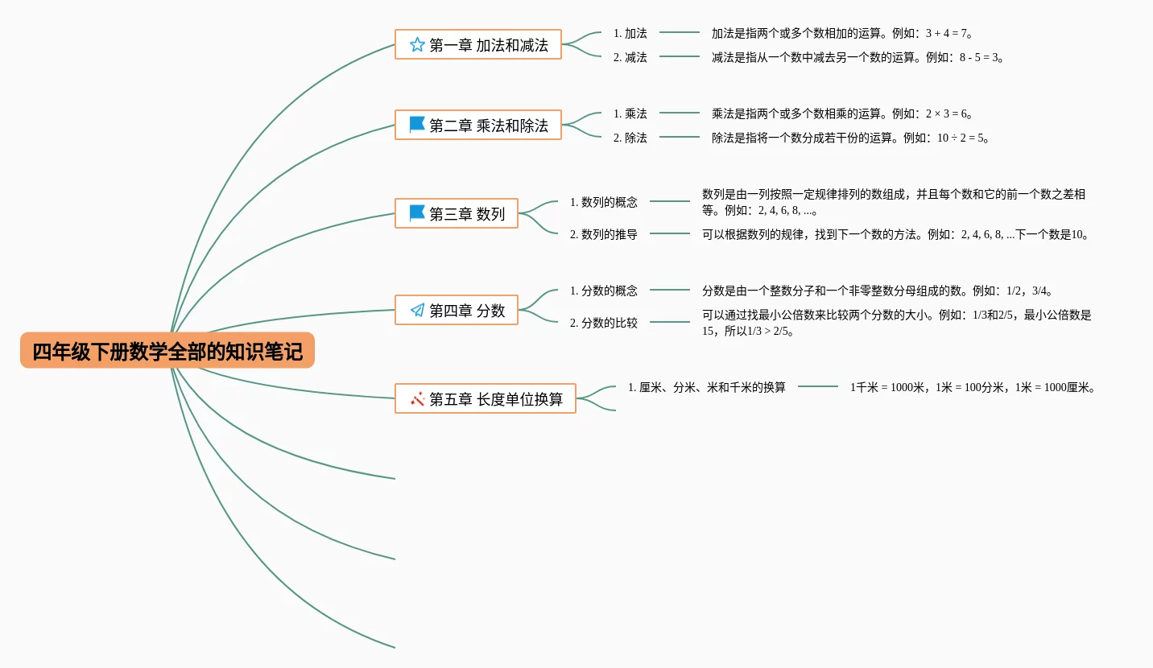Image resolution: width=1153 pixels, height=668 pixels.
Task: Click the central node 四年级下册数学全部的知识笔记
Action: click(x=167, y=350)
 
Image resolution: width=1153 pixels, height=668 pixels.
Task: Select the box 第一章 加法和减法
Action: click(x=478, y=45)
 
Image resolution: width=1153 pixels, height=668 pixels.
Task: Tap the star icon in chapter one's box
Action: click(x=417, y=45)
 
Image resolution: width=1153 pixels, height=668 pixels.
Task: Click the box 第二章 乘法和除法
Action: click(x=478, y=125)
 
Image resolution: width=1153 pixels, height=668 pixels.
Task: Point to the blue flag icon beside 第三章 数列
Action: click(x=417, y=212)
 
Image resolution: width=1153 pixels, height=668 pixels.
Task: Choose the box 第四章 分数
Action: click(x=457, y=310)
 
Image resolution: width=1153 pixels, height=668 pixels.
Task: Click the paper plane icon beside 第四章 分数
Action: click(x=417, y=310)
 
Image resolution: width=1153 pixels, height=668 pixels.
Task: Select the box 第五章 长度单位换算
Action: click(x=486, y=398)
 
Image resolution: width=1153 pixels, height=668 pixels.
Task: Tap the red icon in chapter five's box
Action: click(x=417, y=399)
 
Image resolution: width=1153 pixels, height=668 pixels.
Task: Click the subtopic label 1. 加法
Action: click(x=630, y=34)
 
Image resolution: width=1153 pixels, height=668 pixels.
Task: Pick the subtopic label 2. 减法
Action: click(x=630, y=57)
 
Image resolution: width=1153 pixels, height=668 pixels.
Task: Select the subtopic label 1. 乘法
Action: click(x=630, y=113)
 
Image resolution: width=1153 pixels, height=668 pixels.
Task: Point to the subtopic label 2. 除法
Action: click(x=630, y=138)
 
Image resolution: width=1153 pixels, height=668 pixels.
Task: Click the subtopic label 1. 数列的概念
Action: click(x=604, y=202)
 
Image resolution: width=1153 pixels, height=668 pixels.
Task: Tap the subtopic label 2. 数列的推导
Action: click(x=604, y=234)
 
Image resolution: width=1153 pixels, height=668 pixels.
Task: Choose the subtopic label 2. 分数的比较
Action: click(x=604, y=323)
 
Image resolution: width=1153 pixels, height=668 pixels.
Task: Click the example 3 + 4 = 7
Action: click(x=946, y=34)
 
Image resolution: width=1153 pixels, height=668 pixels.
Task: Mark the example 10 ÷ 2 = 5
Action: click(x=960, y=138)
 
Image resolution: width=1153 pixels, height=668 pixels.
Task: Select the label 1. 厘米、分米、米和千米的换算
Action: click(x=707, y=387)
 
